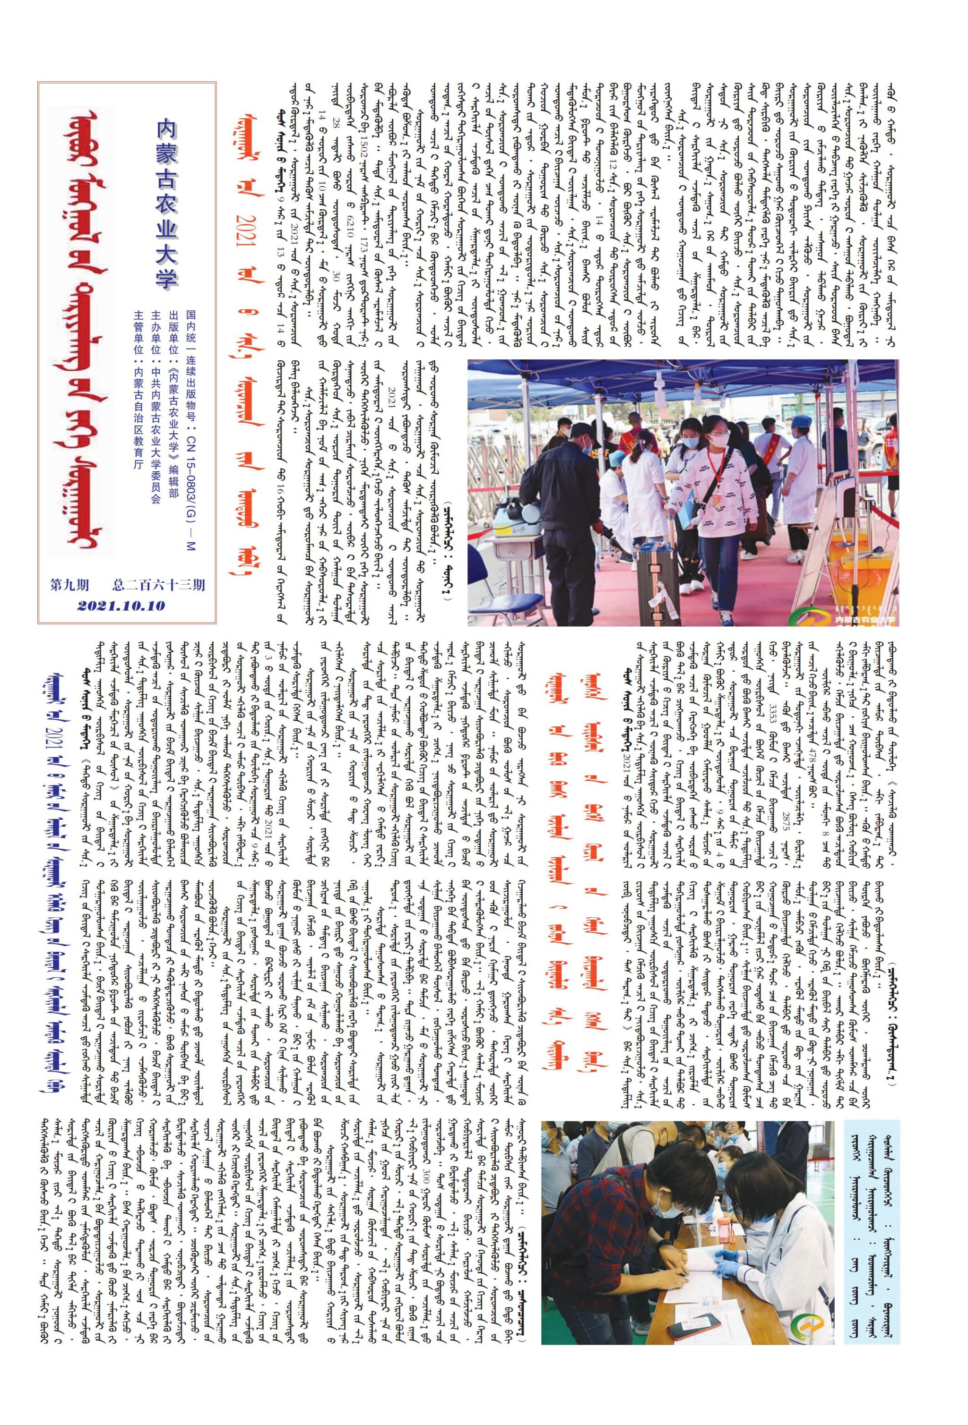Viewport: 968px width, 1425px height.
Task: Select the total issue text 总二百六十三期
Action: [x=159, y=585]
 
